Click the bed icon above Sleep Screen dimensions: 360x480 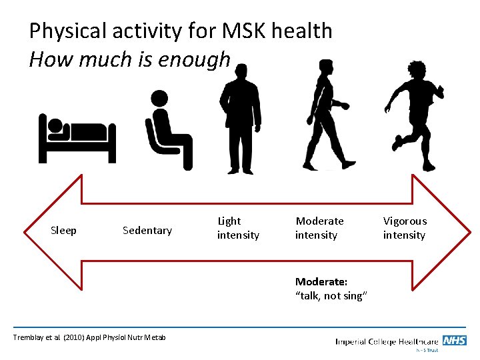(77, 137)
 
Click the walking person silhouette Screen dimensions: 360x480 (327, 115)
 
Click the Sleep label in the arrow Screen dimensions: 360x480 (64, 231)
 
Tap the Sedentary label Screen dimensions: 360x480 (147, 231)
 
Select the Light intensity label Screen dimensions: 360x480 (238, 228)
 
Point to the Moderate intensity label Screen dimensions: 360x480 (319, 228)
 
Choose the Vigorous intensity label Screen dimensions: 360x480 (405, 228)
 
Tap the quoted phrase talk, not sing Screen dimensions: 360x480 (331, 296)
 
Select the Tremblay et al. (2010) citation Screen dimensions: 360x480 (89, 338)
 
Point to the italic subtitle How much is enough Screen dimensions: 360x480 (129, 60)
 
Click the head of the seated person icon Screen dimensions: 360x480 (159, 99)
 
